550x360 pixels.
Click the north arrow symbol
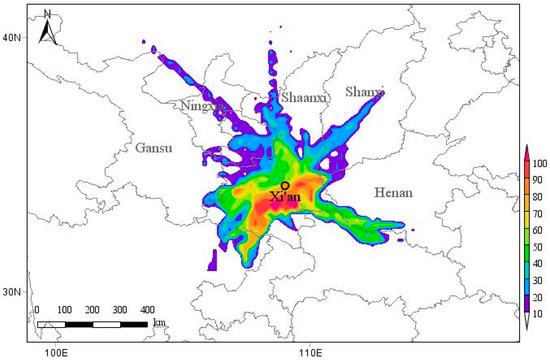coord(47,31)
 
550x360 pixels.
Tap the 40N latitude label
coord(13,37)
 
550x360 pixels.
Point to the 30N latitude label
coord(13,292)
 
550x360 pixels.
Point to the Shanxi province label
coord(364,92)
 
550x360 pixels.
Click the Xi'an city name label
coord(286,197)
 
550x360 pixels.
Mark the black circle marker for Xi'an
coord(286,185)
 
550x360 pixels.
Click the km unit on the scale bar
coord(159,324)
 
